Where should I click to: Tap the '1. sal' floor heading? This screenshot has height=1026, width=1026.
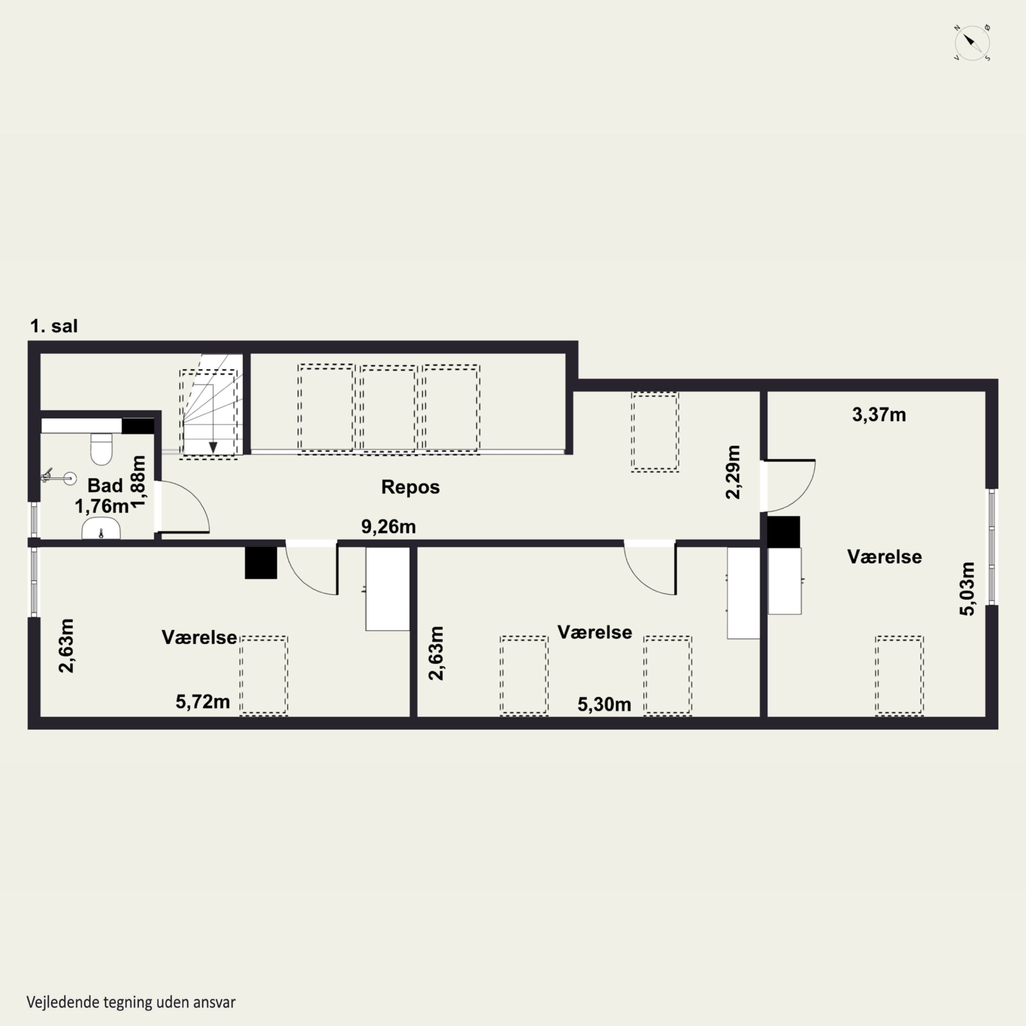[54, 326]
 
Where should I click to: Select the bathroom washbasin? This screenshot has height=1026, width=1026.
[101, 529]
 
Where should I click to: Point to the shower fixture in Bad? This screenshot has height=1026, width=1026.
[58, 476]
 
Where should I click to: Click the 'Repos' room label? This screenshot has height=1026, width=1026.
[410, 487]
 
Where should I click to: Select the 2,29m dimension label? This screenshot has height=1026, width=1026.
[733, 472]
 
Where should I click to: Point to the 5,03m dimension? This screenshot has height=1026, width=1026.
[967, 588]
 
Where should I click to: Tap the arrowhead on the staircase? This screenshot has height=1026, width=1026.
[213, 448]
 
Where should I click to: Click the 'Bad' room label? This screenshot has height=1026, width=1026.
[105, 485]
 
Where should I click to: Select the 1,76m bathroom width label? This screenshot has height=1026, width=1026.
[102, 507]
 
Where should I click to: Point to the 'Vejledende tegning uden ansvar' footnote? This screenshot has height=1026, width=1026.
[131, 1002]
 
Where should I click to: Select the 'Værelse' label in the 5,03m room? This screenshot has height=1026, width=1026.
[884, 556]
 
